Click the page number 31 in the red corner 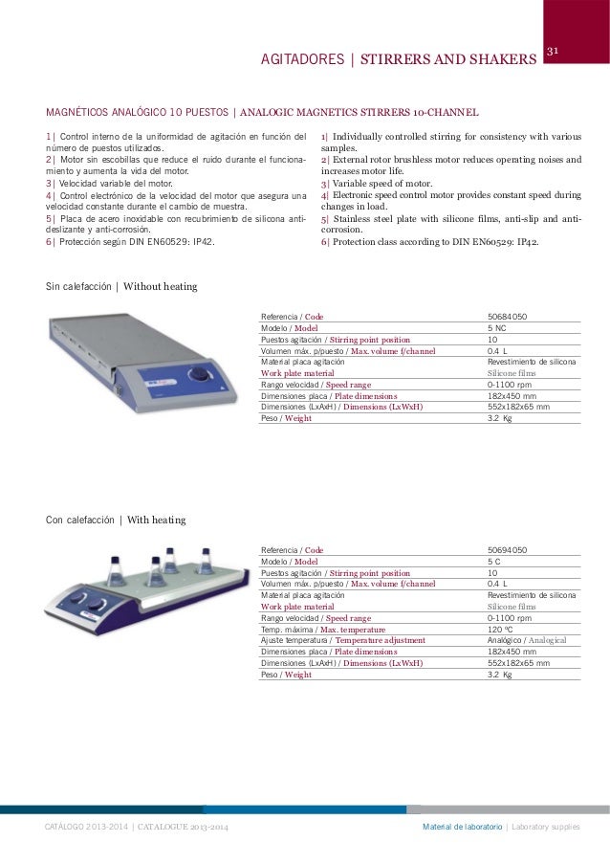click(553, 51)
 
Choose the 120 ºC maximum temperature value click(499, 630)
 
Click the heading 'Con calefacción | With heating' click(116, 521)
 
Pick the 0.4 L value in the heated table click(497, 584)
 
